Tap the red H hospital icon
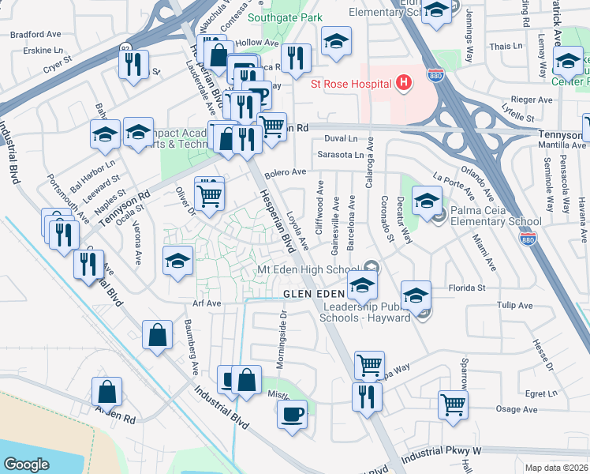(404, 83)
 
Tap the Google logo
(26, 465)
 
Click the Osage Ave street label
(517, 410)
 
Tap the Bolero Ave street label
(285, 172)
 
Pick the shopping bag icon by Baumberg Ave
(158, 334)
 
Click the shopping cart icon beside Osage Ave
(454, 404)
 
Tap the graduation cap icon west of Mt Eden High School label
(178, 261)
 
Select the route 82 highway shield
(127, 49)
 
